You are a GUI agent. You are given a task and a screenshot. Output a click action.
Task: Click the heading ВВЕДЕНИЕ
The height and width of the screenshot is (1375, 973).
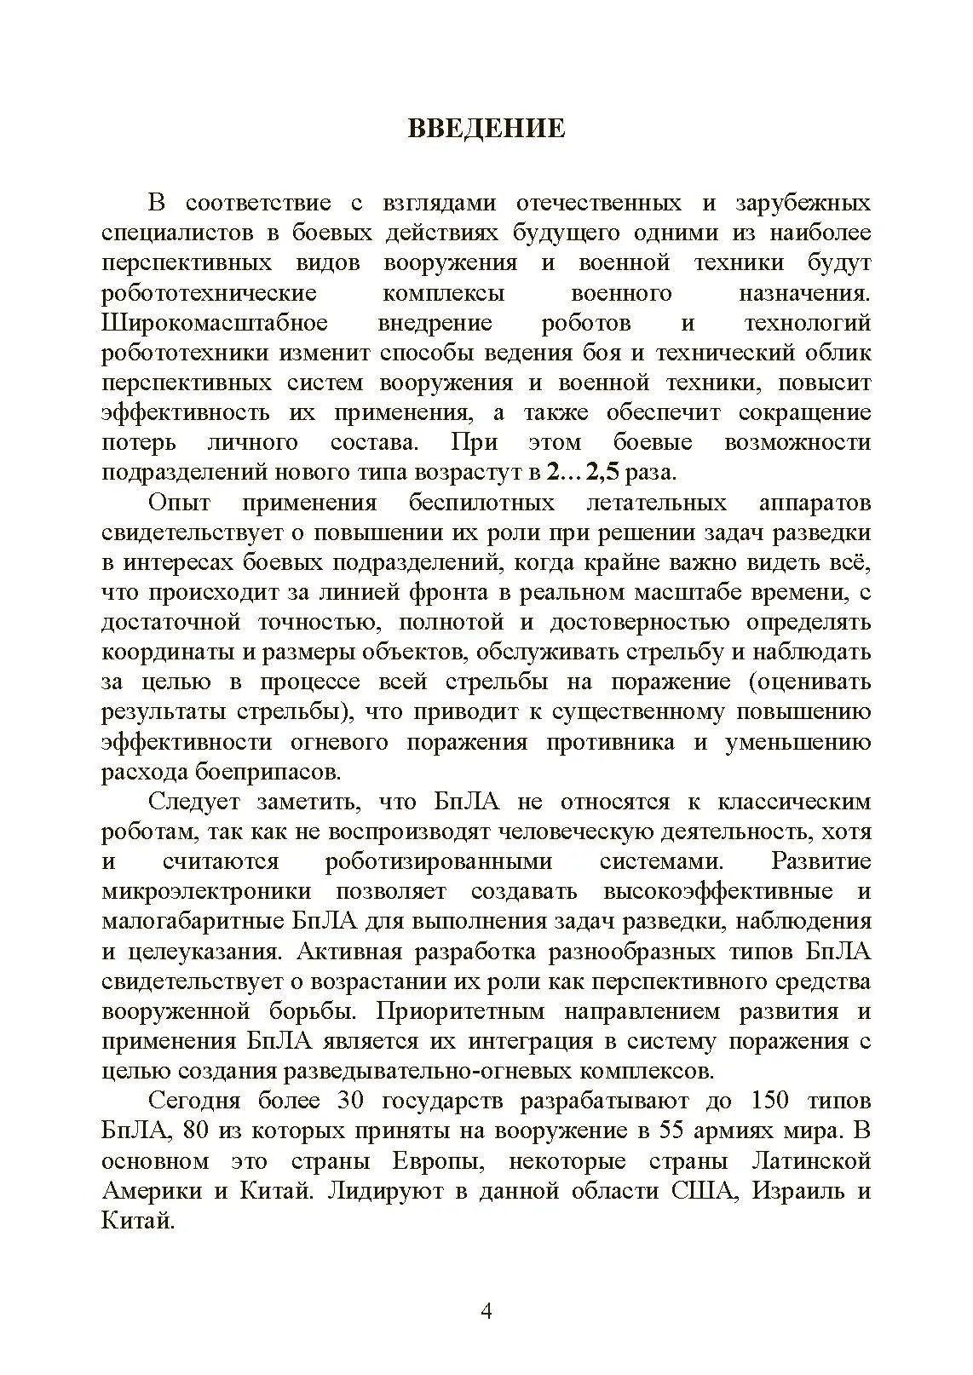(486, 129)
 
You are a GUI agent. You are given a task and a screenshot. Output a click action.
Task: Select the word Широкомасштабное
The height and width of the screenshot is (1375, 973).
(215, 324)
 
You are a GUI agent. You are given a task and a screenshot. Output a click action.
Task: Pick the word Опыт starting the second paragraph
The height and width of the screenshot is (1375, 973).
(180, 503)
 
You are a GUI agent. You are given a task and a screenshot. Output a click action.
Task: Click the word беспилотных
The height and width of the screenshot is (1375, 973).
(481, 503)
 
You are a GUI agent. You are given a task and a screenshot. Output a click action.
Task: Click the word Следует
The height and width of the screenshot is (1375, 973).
(194, 803)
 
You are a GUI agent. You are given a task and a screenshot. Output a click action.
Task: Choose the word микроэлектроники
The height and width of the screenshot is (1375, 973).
(206, 892)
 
